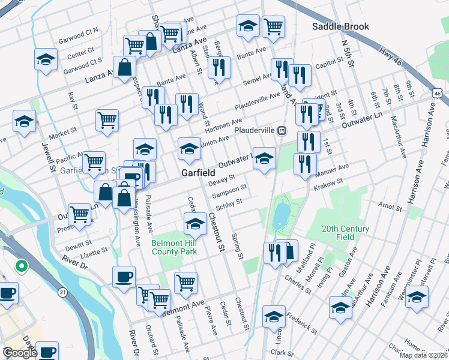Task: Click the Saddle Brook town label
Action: pyautogui.click(x=340, y=26)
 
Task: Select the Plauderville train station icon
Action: pyautogui.click(x=280, y=130)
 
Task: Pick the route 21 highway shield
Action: pyautogui.click(x=63, y=292)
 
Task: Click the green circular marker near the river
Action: pyautogui.click(x=21, y=265)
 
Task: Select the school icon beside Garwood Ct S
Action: pyautogui.click(x=46, y=59)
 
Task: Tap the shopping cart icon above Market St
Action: pyautogui.click(x=107, y=119)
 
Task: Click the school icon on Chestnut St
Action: pyautogui.click(x=195, y=223)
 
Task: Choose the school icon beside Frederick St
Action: pyautogui.click(x=274, y=315)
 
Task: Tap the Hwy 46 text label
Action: pyautogui.click(x=391, y=59)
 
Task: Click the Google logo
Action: pyautogui.click(x=20, y=353)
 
